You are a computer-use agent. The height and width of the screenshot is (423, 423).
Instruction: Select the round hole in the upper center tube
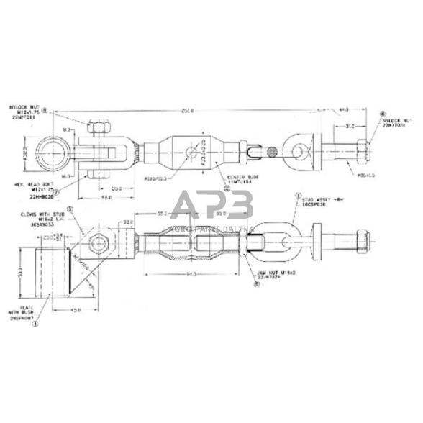coord(191,152)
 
